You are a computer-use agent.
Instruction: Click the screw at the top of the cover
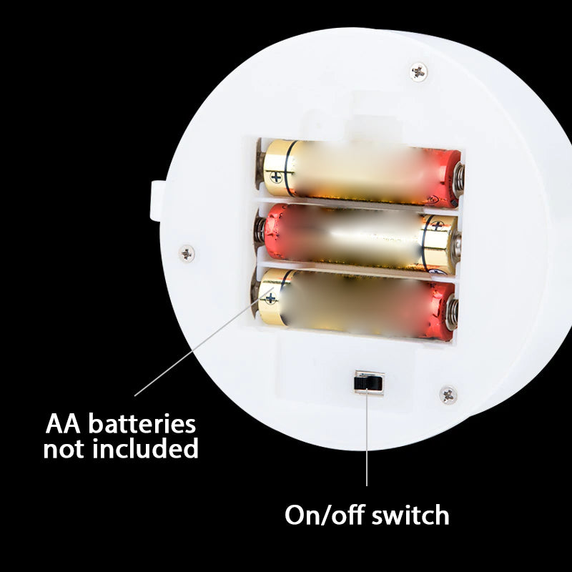pos(419,71)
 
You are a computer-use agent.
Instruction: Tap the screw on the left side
pos(187,252)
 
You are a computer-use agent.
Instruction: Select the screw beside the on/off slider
pos(448,394)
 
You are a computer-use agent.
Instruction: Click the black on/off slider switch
pos(368,383)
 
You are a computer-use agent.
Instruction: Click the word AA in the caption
pos(62,423)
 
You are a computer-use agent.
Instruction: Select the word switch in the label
pos(410,515)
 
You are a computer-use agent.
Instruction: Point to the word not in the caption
pos(66,450)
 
